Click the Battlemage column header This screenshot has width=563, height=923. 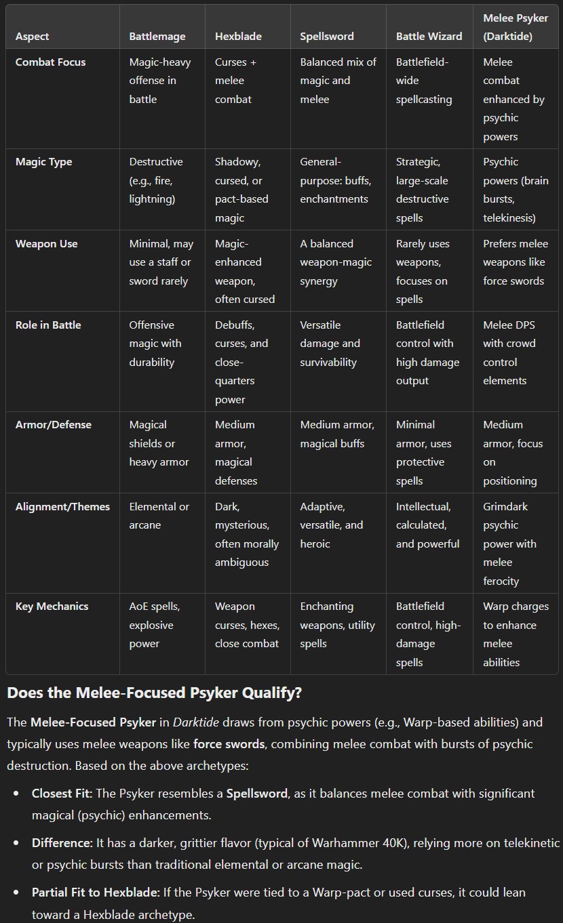pyautogui.click(x=157, y=37)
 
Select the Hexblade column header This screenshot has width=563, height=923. pyautogui.click(x=238, y=37)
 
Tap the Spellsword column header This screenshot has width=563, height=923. pyautogui.click(x=327, y=37)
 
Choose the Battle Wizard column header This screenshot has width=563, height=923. pyautogui.click(x=429, y=37)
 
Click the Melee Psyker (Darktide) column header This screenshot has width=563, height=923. pyautogui.click(x=515, y=27)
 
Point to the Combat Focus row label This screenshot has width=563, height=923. pyautogui.click(x=51, y=62)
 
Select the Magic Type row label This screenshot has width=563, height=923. pyautogui.click(x=44, y=162)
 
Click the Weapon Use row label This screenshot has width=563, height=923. pyautogui.click(x=47, y=244)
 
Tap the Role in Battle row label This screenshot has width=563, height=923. pyautogui.click(x=48, y=325)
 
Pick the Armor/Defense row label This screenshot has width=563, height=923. pyautogui.click(x=54, y=425)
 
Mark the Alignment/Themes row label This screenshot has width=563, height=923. pyautogui.click(x=62, y=507)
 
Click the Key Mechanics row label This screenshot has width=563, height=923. pyautogui.click(x=52, y=607)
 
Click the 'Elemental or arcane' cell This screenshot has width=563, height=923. pyautogui.click(x=159, y=516)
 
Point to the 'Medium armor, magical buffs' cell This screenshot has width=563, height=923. pyautogui.click(x=337, y=434)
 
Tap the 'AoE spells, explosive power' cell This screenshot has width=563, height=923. pyautogui.click(x=155, y=625)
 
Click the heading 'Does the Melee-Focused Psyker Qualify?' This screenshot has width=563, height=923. pyautogui.click(x=155, y=693)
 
